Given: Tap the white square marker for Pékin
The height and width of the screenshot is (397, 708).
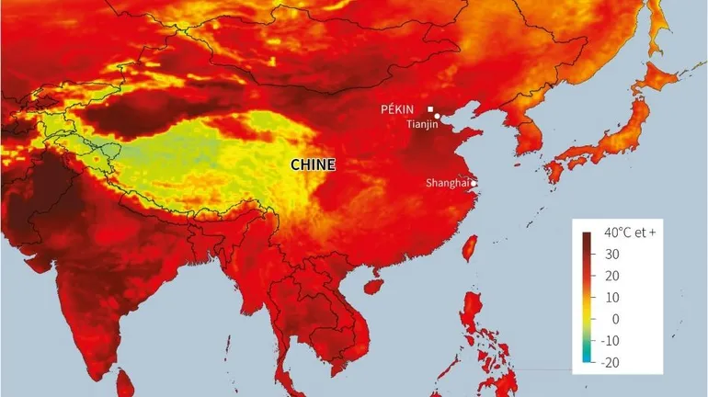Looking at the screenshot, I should [430, 109].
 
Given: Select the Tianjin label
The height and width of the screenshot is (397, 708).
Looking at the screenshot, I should [423, 124].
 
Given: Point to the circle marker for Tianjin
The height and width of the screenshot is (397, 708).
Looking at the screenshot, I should [438, 116].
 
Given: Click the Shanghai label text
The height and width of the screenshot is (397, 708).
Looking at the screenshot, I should [447, 183].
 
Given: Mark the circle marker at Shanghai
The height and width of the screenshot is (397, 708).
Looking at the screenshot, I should [474, 183].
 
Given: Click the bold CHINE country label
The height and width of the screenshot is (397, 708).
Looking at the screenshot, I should [313, 165].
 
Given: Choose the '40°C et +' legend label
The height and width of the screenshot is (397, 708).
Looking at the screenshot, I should [630, 233].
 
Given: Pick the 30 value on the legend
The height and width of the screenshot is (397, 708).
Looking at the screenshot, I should [611, 255].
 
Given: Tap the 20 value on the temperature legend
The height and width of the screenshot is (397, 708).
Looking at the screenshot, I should [611, 276].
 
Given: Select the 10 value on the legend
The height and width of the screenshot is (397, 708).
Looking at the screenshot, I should [611, 297].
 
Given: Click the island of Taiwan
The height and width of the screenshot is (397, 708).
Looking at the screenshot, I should [468, 247].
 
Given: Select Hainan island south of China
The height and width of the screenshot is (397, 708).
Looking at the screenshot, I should [372, 287].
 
